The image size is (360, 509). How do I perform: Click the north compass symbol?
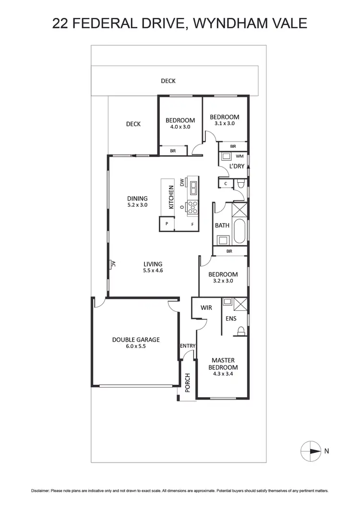coord(310,451)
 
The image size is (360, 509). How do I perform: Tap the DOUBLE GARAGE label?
coord(136,340)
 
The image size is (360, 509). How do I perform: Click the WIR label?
coord(206,308)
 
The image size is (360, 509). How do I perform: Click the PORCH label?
coord(187,382)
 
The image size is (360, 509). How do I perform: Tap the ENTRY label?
coord(188,346)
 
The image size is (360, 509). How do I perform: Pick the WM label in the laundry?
coord(240,156)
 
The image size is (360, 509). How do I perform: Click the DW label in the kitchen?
coord(182,182)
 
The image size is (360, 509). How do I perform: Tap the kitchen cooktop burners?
coord(192,207)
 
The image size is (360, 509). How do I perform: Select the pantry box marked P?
coord(167,224)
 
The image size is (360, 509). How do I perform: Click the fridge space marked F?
coord(192,224)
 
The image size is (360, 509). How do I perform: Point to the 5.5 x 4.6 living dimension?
coord(153,271)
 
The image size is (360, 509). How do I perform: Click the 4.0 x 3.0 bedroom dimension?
coord(180,127)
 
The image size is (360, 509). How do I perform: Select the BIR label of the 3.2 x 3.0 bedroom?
coord(229,251)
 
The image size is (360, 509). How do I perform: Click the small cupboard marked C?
coord(225,183)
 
